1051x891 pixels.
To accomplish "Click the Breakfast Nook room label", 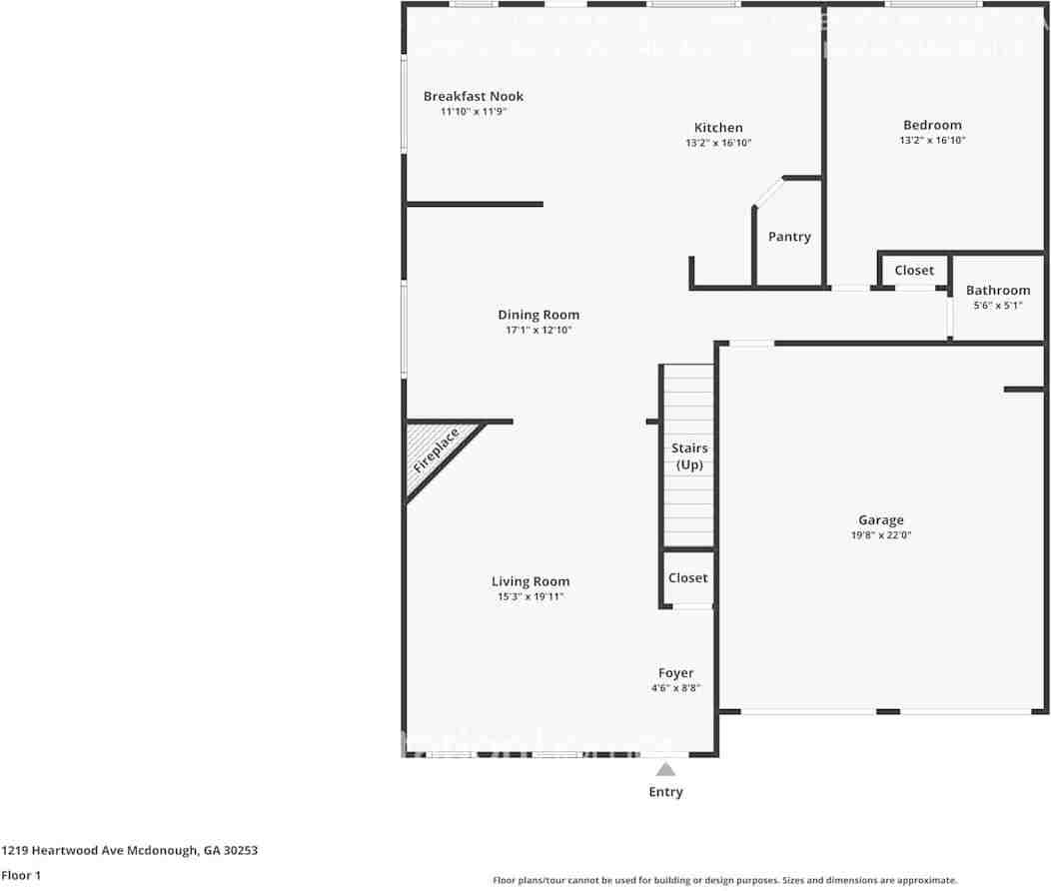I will point(473,96).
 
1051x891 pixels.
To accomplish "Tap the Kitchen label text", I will point(718,127).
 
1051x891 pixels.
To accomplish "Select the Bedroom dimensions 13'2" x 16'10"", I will point(932,141).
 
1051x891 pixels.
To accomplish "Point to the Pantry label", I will point(789,237).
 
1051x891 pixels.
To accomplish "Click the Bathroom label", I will point(997,290).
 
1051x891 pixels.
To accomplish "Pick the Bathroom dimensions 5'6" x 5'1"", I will point(997,306).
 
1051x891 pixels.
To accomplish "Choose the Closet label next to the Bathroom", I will point(914,270).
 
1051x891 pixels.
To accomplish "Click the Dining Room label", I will point(538,315).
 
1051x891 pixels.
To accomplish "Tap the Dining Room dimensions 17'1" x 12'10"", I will point(538,330).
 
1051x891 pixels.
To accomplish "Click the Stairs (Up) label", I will point(689,456).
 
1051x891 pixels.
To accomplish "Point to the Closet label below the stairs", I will point(687,577).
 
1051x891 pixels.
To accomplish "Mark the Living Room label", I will point(530,581).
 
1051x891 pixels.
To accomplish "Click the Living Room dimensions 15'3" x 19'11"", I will point(530,597).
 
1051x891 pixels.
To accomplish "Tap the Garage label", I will point(880,519).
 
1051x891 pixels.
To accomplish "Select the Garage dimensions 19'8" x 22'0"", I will point(880,535).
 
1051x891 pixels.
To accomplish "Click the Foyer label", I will point(675,672).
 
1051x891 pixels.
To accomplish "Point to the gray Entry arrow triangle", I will point(665,768).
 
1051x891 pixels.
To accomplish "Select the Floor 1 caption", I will point(22,875).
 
